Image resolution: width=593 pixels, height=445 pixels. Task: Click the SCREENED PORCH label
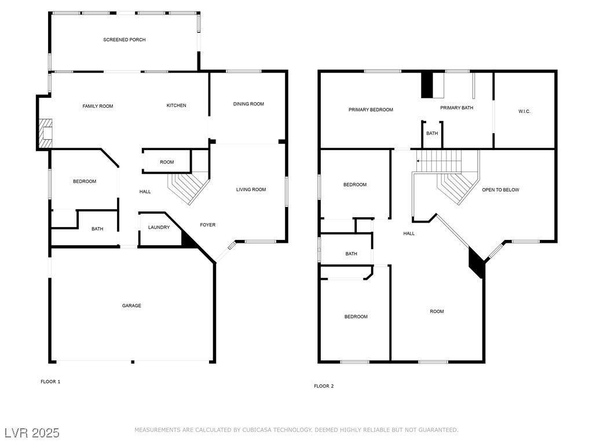tap(125, 40)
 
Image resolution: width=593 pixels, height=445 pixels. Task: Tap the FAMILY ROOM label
tap(98, 106)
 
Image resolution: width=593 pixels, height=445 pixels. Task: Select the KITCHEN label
tap(177, 105)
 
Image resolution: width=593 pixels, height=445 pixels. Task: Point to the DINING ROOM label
tap(248, 104)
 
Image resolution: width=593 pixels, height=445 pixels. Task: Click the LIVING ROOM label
tap(251, 189)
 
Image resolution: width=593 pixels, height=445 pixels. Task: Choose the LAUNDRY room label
tap(159, 228)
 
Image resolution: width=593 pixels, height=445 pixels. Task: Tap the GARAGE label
tap(131, 306)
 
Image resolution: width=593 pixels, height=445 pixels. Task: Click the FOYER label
tap(208, 225)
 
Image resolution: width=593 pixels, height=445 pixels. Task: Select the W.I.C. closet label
tap(525, 111)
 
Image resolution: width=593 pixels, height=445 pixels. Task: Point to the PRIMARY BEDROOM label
tap(371, 110)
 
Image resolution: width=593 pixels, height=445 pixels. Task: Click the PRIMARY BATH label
tap(457, 108)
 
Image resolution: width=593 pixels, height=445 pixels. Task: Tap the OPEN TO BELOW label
tap(501, 190)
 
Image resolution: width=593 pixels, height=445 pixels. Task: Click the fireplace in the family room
tap(45, 133)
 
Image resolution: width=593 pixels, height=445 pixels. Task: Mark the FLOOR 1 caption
tap(50, 382)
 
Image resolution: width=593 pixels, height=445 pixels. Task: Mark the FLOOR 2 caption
tap(324, 386)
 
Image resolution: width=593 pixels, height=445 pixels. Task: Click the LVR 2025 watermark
tap(32, 433)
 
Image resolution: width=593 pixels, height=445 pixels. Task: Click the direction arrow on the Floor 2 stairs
tap(419, 161)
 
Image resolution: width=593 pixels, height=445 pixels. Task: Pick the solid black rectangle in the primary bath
tap(427, 85)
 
